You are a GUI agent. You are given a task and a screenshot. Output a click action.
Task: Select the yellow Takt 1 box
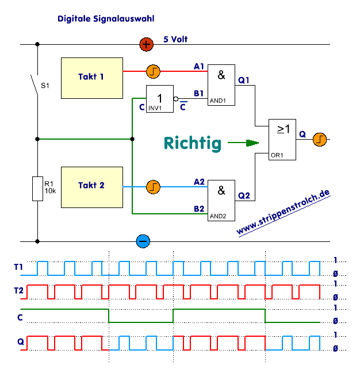(x=92, y=76)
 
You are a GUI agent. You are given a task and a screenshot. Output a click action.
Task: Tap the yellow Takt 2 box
(x=92, y=186)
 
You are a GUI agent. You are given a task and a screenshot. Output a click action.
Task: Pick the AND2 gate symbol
(x=221, y=197)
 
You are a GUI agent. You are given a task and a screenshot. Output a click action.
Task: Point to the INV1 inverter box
(x=160, y=99)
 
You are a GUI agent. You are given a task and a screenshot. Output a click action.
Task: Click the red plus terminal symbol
(x=146, y=44)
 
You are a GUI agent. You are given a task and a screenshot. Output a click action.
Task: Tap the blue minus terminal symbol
(x=143, y=241)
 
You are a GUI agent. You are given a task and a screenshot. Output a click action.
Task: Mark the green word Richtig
(x=192, y=143)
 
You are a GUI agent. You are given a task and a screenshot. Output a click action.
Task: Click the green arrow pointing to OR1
(x=244, y=143)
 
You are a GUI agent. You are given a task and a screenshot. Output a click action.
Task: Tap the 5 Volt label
(x=175, y=40)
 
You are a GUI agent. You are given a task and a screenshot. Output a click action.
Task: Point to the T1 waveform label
(x=19, y=267)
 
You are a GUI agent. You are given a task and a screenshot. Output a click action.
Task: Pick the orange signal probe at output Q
(x=320, y=139)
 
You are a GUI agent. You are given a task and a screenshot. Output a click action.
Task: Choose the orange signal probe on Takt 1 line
(x=154, y=71)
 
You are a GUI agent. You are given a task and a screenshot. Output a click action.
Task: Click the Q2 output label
(x=244, y=195)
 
